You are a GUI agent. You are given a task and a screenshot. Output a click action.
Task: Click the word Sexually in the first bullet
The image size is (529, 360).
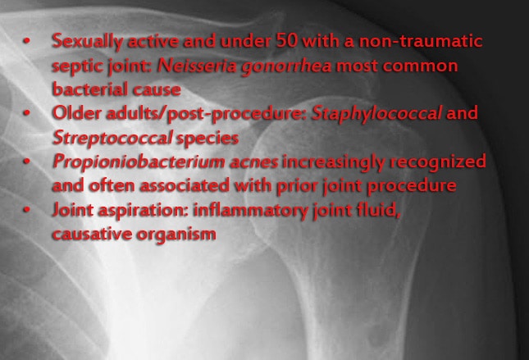[x=87, y=42]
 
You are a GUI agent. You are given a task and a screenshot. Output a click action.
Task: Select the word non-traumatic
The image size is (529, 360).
[x=421, y=41]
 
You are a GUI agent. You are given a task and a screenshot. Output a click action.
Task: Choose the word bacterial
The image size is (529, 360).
[x=89, y=89]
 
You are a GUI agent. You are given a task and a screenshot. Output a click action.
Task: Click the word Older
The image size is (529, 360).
[x=76, y=112]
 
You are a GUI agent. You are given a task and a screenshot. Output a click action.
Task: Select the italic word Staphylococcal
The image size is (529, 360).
[x=376, y=113]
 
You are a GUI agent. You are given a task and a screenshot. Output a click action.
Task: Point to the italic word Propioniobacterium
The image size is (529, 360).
[x=139, y=162]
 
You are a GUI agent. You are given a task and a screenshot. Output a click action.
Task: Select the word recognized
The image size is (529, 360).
[x=438, y=162]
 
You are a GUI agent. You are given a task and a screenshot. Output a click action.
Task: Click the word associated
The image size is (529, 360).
[x=185, y=185]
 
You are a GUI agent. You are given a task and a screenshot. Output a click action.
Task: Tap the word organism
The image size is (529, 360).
[x=176, y=235]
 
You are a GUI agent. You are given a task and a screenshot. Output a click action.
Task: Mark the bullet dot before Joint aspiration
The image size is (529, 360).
[x=26, y=210]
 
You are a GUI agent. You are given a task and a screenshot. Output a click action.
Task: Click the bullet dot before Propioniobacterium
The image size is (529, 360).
[x=26, y=162]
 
